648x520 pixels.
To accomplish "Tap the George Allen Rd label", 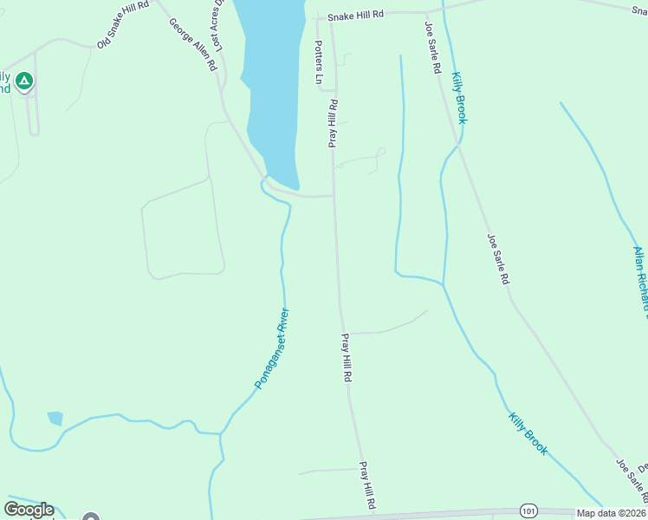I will [x=192, y=44].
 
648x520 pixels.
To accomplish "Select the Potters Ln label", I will [x=319, y=63].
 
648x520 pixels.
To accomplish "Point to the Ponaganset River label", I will [x=271, y=348].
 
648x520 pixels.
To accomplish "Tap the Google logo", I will [x=29, y=510].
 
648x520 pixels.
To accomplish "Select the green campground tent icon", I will [x=24, y=82].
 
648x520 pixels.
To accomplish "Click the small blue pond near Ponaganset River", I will [x=55, y=419].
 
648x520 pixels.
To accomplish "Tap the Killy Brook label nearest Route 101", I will [x=528, y=432].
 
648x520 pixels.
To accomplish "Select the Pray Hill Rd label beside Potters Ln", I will [x=332, y=122].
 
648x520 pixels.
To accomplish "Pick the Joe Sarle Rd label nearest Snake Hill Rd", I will [x=434, y=47].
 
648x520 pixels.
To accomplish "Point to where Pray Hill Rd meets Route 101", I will [x=373, y=515].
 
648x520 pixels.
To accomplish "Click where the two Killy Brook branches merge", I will [x=443, y=283].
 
